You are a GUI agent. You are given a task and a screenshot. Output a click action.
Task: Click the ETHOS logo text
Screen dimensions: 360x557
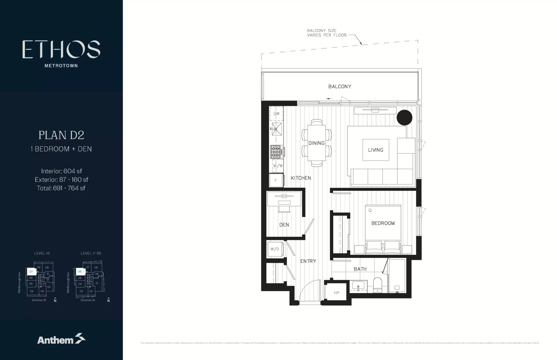pos(61,49)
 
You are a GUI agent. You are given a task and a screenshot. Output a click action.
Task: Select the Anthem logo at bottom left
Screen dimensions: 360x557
pos(61,339)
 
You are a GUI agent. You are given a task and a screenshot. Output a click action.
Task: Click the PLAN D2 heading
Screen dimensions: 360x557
pos(61,135)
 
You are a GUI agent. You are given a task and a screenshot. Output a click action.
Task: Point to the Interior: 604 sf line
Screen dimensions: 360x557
pos(61,171)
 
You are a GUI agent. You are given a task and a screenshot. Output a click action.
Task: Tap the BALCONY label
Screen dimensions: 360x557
pos(339,86)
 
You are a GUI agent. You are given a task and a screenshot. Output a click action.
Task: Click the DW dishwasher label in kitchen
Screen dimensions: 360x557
pos(276,114)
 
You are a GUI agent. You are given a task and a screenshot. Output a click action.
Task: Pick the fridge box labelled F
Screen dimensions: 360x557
pos(276,180)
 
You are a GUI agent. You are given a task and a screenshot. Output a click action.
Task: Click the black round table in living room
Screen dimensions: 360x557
pos(404,118)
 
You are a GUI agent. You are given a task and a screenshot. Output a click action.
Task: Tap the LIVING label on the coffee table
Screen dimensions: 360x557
pos(375,150)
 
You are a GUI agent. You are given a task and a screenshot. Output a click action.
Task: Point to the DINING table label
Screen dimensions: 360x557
pos(316,143)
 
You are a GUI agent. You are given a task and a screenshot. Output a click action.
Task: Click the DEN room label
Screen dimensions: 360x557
pos(284,225)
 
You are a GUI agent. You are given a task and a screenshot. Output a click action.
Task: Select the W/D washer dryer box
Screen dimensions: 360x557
pos(274,249)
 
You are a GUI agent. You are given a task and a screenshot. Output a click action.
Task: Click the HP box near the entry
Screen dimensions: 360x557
pos(336,293)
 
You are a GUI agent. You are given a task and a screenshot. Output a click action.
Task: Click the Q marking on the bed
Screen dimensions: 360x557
pos(370,210)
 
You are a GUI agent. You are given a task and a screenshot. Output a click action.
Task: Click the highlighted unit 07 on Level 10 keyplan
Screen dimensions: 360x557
pos(31,272)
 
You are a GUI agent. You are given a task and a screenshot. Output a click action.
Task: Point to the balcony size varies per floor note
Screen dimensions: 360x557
pos(327,33)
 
